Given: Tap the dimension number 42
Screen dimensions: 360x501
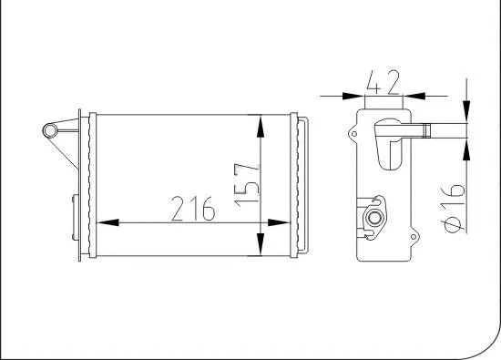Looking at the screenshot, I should tap(383, 83).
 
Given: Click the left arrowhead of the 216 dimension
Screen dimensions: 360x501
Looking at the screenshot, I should tap(103, 222).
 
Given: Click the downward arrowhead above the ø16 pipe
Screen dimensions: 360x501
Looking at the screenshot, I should tap(466, 112).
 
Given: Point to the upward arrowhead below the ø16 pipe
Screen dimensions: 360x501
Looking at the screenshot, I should tap(466, 146).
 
